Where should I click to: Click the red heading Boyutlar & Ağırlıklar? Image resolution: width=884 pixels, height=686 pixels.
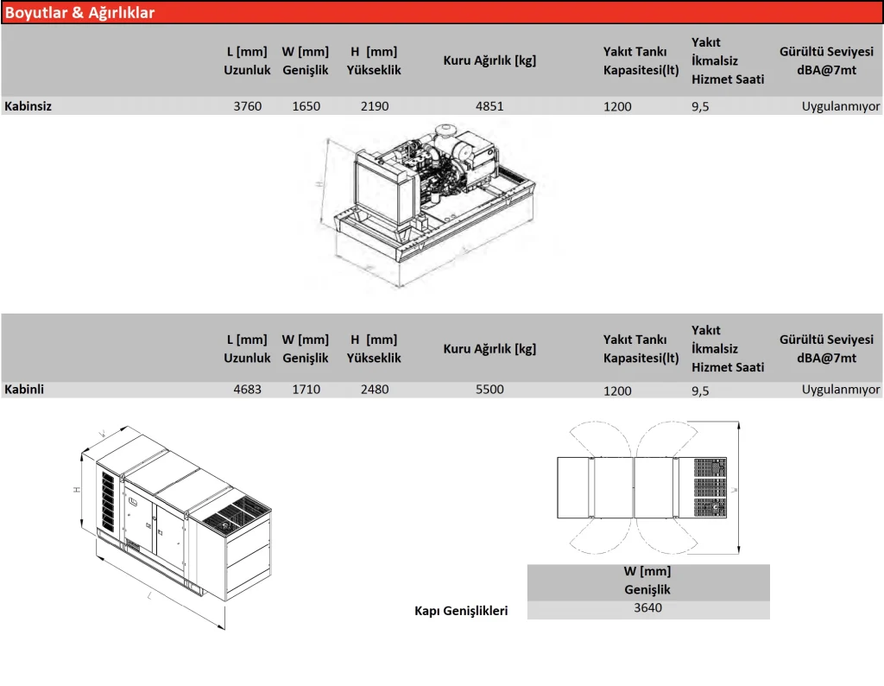(x=80, y=13)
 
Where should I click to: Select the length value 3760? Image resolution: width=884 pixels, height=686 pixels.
(x=248, y=106)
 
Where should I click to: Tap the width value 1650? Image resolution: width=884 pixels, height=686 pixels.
(x=306, y=106)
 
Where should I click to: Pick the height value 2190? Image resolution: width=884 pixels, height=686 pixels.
(x=375, y=106)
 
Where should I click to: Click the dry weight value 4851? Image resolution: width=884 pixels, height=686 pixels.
(x=489, y=106)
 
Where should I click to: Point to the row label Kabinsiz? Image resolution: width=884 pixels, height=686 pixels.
(x=28, y=106)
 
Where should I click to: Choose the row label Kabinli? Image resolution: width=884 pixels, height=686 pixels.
(x=24, y=389)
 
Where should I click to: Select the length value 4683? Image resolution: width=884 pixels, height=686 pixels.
(x=248, y=390)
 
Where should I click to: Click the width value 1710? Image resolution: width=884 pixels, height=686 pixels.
(x=306, y=390)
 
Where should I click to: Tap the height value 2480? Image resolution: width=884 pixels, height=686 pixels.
(x=375, y=390)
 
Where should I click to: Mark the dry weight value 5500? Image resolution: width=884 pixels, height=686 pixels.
(x=489, y=390)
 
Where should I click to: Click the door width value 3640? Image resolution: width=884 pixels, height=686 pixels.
(x=647, y=607)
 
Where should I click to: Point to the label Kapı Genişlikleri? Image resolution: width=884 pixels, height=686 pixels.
(x=461, y=611)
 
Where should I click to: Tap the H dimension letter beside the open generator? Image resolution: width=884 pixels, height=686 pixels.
(x=319, y=185)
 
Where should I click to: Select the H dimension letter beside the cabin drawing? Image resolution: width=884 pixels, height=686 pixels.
(x=77, y=489)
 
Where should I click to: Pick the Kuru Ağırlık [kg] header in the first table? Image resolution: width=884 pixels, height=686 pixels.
(x=489, y=60)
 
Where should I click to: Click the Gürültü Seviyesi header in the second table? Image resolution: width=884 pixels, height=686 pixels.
(x=826, y=348)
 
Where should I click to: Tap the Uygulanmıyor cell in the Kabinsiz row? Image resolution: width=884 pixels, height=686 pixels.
(x=840, y=106)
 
